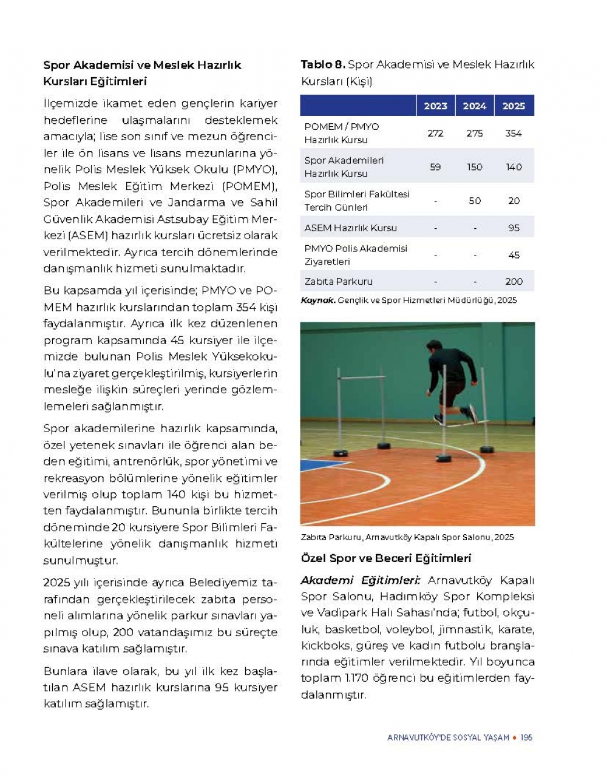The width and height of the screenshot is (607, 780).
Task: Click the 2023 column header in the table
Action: click(x=435, y=106)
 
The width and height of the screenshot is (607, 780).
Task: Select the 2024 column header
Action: click(x=474, y=106)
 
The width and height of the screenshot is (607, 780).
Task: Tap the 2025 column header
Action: click(x=514, y=106)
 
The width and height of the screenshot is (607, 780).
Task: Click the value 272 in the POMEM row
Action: click(x=435, y=133)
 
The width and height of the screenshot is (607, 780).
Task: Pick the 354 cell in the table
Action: click(x=514, y=133)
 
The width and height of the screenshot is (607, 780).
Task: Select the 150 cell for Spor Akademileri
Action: click(x=475, y=167)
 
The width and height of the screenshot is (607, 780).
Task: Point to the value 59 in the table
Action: click(x=435, y=167)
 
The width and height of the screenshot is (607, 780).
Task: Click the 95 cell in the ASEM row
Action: click(x=514, y=228)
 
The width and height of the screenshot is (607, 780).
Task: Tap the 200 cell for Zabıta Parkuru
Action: click(x=514, y=282)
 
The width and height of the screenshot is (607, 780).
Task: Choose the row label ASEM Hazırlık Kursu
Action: click(x=351, y=228)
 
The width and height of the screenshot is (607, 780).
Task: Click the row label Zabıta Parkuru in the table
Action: click(x=339, y=282)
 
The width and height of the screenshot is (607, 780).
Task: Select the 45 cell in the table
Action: click(x=514, y=255)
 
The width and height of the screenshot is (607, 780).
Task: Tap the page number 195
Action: click(x=526, y=738)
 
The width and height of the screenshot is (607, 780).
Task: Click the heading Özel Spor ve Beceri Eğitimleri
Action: click(x=386, y=558)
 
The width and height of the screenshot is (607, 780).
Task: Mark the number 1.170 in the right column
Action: click(x=353, y=679)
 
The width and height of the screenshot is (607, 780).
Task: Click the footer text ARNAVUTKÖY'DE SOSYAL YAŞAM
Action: click(x=448, y=738)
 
